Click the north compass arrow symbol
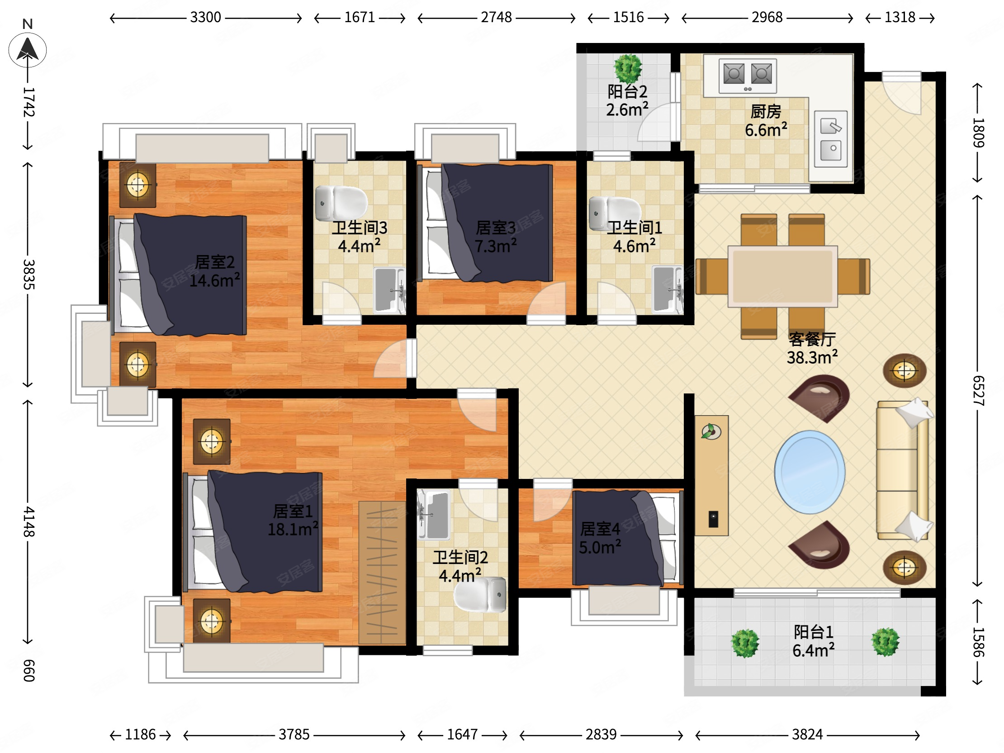(x=27, y=50)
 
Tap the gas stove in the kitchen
(x=748, y=76)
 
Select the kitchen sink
(x=831, y=139)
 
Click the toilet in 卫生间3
(x=341, y=203)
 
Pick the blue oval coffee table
(x=810, y=472)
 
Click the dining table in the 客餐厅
(x=782, y=276)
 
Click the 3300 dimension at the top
(x=206, y=18)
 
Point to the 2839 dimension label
(x=601, y=734)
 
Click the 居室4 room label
(x=600, y=529)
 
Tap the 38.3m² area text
(x=812, y=357)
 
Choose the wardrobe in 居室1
(x=382, y=573)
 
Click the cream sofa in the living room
(x=902, y=470)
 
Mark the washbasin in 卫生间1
(x=667, y=289)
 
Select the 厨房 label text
(x=766, y=111)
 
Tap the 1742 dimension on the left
(x=28, y=102)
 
